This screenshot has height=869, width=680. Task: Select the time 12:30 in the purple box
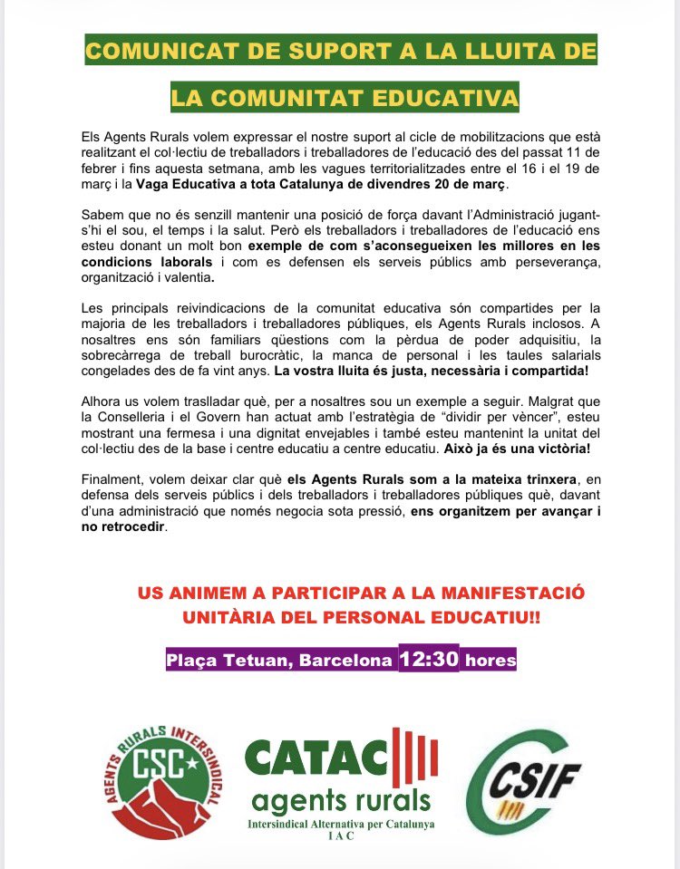pyautogui.click(x=428, y=659)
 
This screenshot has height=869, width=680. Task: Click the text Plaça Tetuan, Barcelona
pyautogui.click(x=279, y=661)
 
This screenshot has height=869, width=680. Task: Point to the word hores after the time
pyautogui.click(x=490, y=661)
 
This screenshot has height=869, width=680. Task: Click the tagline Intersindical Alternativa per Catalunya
pyautogui.click(x=341, y=824)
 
